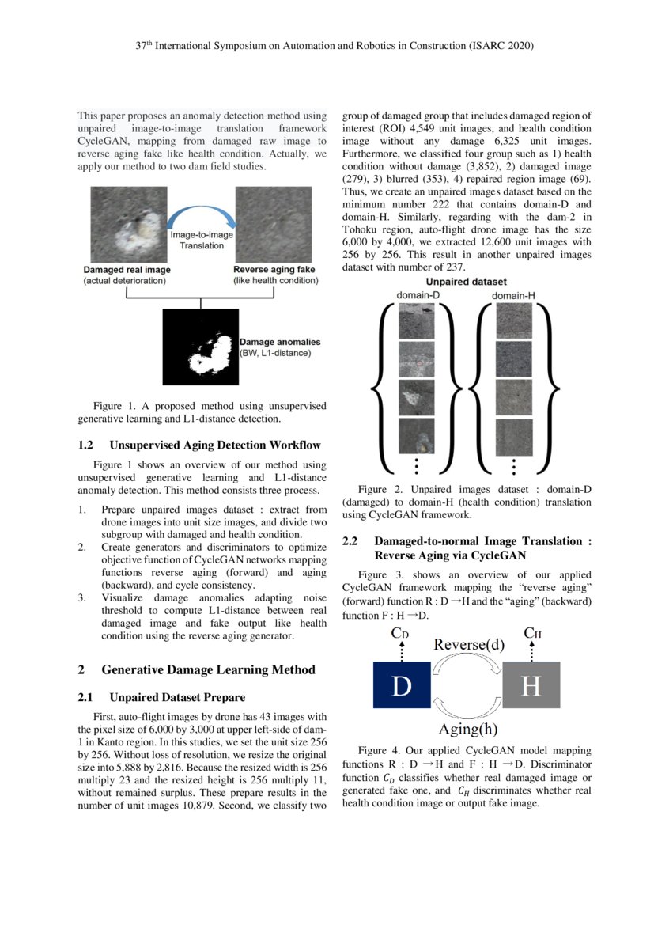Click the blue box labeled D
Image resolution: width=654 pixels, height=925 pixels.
coord(402,684)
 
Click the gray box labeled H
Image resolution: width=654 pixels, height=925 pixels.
coord(531,684)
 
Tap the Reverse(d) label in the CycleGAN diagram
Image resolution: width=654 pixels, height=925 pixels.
coord(468,644)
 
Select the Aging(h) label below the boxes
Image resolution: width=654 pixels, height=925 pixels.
coord(468,728)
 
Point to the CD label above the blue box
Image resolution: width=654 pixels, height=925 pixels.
coord(400,634)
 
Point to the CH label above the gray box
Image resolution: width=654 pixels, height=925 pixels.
coord(532,634)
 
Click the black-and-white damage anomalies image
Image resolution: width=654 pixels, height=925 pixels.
coord(200,347)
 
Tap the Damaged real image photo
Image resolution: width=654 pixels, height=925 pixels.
coord(128,225)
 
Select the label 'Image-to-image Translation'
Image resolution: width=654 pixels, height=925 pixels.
coord(202,240)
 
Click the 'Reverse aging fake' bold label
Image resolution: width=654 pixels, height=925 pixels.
coord(274,270)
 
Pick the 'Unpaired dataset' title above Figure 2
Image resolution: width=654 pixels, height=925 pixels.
coord(467,282)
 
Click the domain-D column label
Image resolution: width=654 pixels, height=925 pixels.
coord(417,296)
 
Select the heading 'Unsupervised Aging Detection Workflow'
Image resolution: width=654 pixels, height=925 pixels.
coord(215,445)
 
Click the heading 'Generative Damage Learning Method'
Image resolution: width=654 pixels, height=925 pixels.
coord(208,669)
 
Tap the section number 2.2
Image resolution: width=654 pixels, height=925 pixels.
coord(351,541)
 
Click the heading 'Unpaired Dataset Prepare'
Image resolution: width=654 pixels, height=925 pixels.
coord(177,697)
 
